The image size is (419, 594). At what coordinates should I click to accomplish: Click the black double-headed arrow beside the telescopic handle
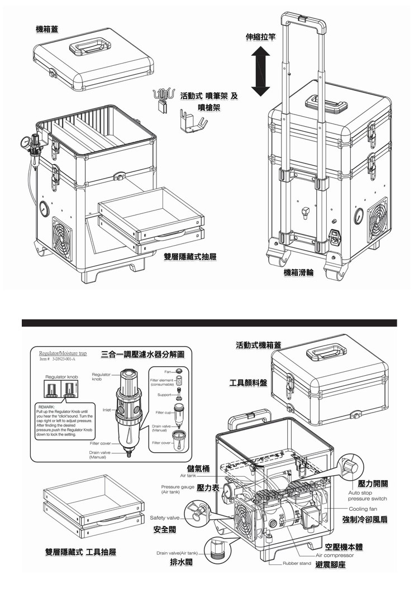click(260, 71)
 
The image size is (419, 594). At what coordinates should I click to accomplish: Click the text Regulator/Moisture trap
click(63, 353)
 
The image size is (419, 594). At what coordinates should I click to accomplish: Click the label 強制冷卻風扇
click(365, 520)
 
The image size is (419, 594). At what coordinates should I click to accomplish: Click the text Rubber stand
click(297, 564)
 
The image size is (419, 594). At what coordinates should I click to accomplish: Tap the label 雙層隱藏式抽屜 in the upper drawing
click(190, 257)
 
